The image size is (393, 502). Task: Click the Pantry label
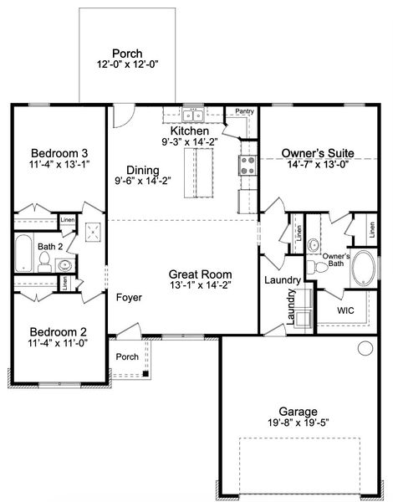245,111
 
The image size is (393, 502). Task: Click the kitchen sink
193,115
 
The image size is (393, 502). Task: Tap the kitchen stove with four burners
248,164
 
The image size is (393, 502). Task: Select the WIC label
347,310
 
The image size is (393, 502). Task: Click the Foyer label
128,297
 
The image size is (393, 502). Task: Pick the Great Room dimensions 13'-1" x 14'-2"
200,284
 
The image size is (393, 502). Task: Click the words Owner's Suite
317,154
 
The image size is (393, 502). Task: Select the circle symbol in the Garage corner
365,348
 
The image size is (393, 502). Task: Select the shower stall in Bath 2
94,231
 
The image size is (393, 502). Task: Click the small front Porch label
127,356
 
